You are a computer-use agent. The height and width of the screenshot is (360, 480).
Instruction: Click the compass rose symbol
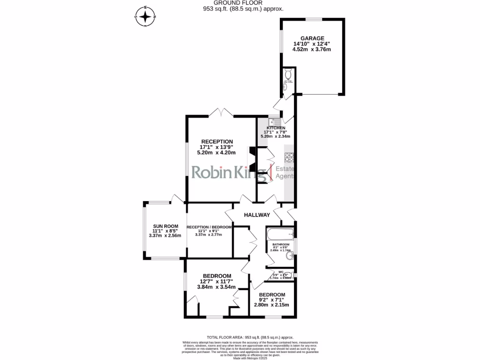coord(146,17)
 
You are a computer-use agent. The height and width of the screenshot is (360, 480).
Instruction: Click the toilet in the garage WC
coord(289,74)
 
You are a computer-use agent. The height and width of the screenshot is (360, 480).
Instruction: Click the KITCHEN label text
coord(276,128)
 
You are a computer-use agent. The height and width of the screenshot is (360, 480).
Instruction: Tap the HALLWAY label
coord(257,215)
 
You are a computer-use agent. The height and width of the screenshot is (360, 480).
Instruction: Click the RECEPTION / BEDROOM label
coord(209,227)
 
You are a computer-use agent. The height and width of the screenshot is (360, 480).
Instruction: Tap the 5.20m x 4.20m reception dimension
coord(217,152)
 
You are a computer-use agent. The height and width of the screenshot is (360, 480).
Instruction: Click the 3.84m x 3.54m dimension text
coord(217,287)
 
